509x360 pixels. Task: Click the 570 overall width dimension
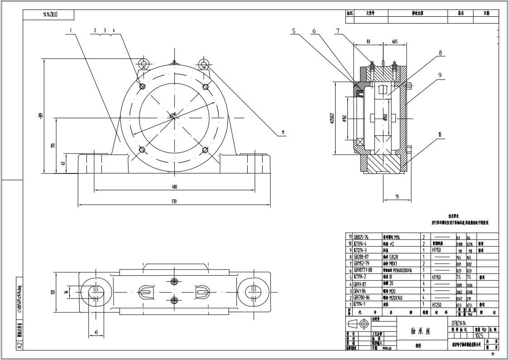[x=174, y=202]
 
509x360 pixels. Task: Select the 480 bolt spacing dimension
[x=174, y=186]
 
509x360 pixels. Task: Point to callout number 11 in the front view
[x=283, y=133]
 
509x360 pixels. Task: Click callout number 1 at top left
[x=71, y=30]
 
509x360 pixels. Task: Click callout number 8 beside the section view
[x=440, y=53]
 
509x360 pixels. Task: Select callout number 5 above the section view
[x=293, y=31]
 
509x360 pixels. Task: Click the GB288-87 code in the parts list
[x=361, y=257]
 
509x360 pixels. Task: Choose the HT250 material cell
[x=437, y=305]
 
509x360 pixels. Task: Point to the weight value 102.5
[x=479, y=336]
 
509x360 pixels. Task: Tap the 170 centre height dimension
[x=53, y=145]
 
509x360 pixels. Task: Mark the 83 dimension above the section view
[x=368, y=41]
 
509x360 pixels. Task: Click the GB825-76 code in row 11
[x=361, y=237]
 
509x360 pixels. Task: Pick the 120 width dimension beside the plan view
[x=53, y=292]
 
